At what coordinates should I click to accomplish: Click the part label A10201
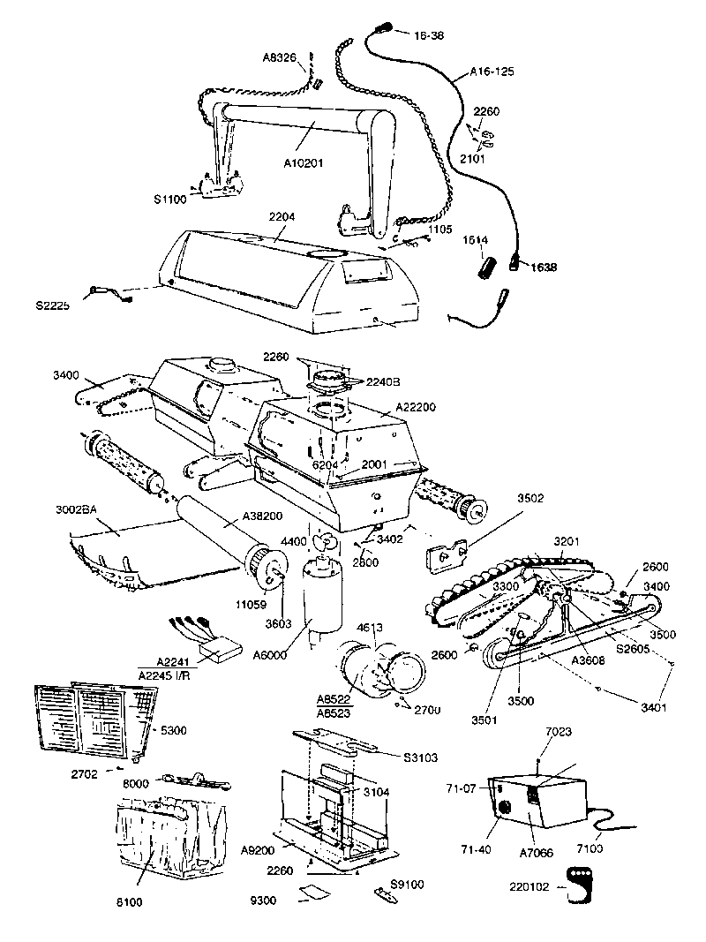point(305,162)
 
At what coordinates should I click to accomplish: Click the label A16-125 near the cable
point(493,70)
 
